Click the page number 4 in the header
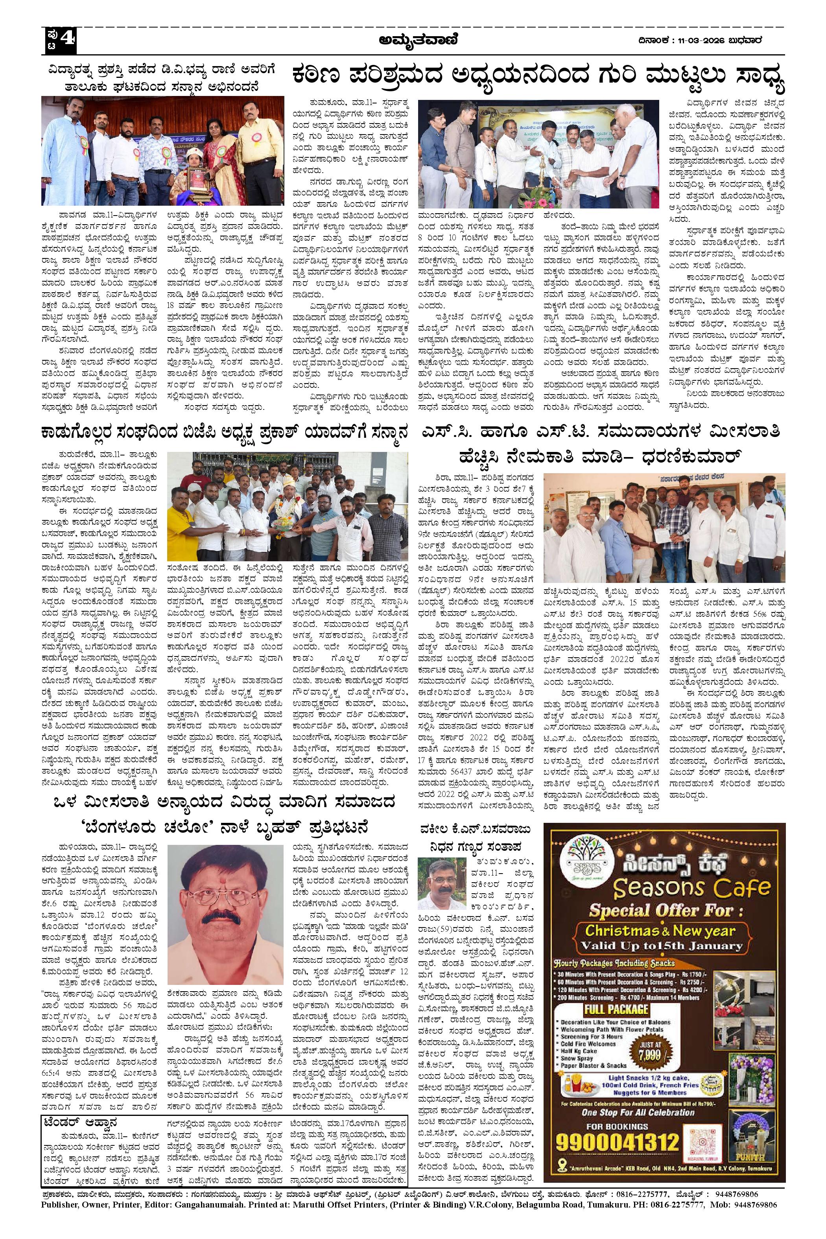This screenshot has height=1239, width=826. click(x=67, y=41)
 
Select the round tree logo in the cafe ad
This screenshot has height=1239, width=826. click(x=584, y=864)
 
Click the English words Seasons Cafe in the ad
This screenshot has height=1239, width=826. click(x=691, y=889)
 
